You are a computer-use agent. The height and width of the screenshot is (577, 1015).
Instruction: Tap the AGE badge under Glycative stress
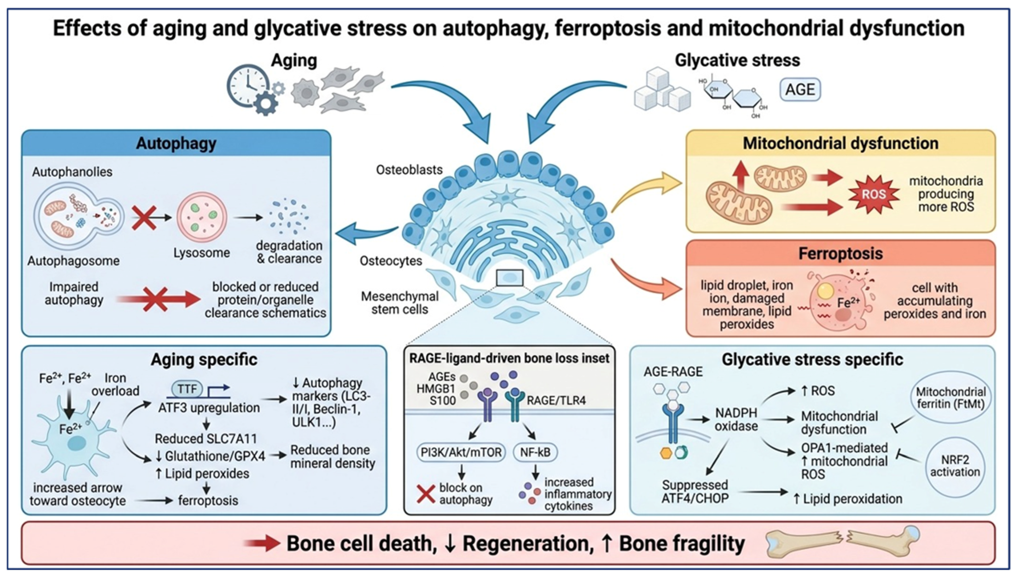800,90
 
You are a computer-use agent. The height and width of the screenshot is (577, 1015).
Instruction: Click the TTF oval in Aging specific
187,389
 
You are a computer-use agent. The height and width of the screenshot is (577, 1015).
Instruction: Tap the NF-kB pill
535,452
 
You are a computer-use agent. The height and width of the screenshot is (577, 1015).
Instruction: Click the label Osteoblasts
409,170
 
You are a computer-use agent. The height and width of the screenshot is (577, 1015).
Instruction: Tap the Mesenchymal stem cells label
400,303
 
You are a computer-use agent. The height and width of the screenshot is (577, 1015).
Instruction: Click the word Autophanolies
72,172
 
